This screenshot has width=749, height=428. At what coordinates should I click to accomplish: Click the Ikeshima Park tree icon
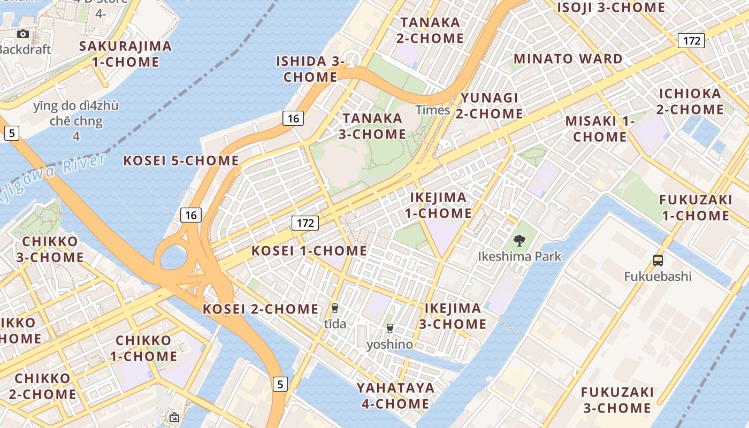point(518,241)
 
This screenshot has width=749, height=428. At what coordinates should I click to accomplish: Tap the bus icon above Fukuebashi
point(658,261)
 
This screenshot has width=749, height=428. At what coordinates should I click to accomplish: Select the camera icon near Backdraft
point(22,34)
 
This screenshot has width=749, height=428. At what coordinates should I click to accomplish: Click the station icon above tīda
point(335,308)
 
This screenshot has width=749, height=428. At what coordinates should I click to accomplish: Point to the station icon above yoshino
point(389,328)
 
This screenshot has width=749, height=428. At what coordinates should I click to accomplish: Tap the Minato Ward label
point(568,58)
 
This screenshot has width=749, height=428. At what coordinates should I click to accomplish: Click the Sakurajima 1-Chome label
point(126,54)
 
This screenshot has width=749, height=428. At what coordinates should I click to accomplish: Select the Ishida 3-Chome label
point(310,69)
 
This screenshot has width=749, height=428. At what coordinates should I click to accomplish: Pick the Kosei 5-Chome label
point(181,160)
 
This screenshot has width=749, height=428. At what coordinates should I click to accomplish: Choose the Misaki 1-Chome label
point(600,129)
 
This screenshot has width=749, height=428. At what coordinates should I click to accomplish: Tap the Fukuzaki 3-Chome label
point(617,400)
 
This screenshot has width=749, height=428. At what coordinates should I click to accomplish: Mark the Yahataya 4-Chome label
point(396,395)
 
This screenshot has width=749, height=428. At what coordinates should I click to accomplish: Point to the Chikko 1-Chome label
point(143,348)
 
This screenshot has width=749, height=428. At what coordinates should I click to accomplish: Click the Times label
point(433,110)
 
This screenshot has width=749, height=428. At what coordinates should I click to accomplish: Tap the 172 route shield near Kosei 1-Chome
point(305,223)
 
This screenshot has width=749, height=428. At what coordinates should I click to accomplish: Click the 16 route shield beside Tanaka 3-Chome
point(293,118)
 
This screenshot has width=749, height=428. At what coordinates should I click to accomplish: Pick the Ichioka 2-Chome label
point(690,101)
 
